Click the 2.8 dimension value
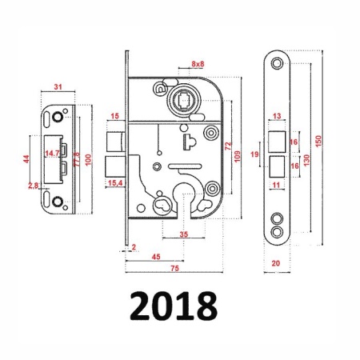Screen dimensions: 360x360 pos(34,186)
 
